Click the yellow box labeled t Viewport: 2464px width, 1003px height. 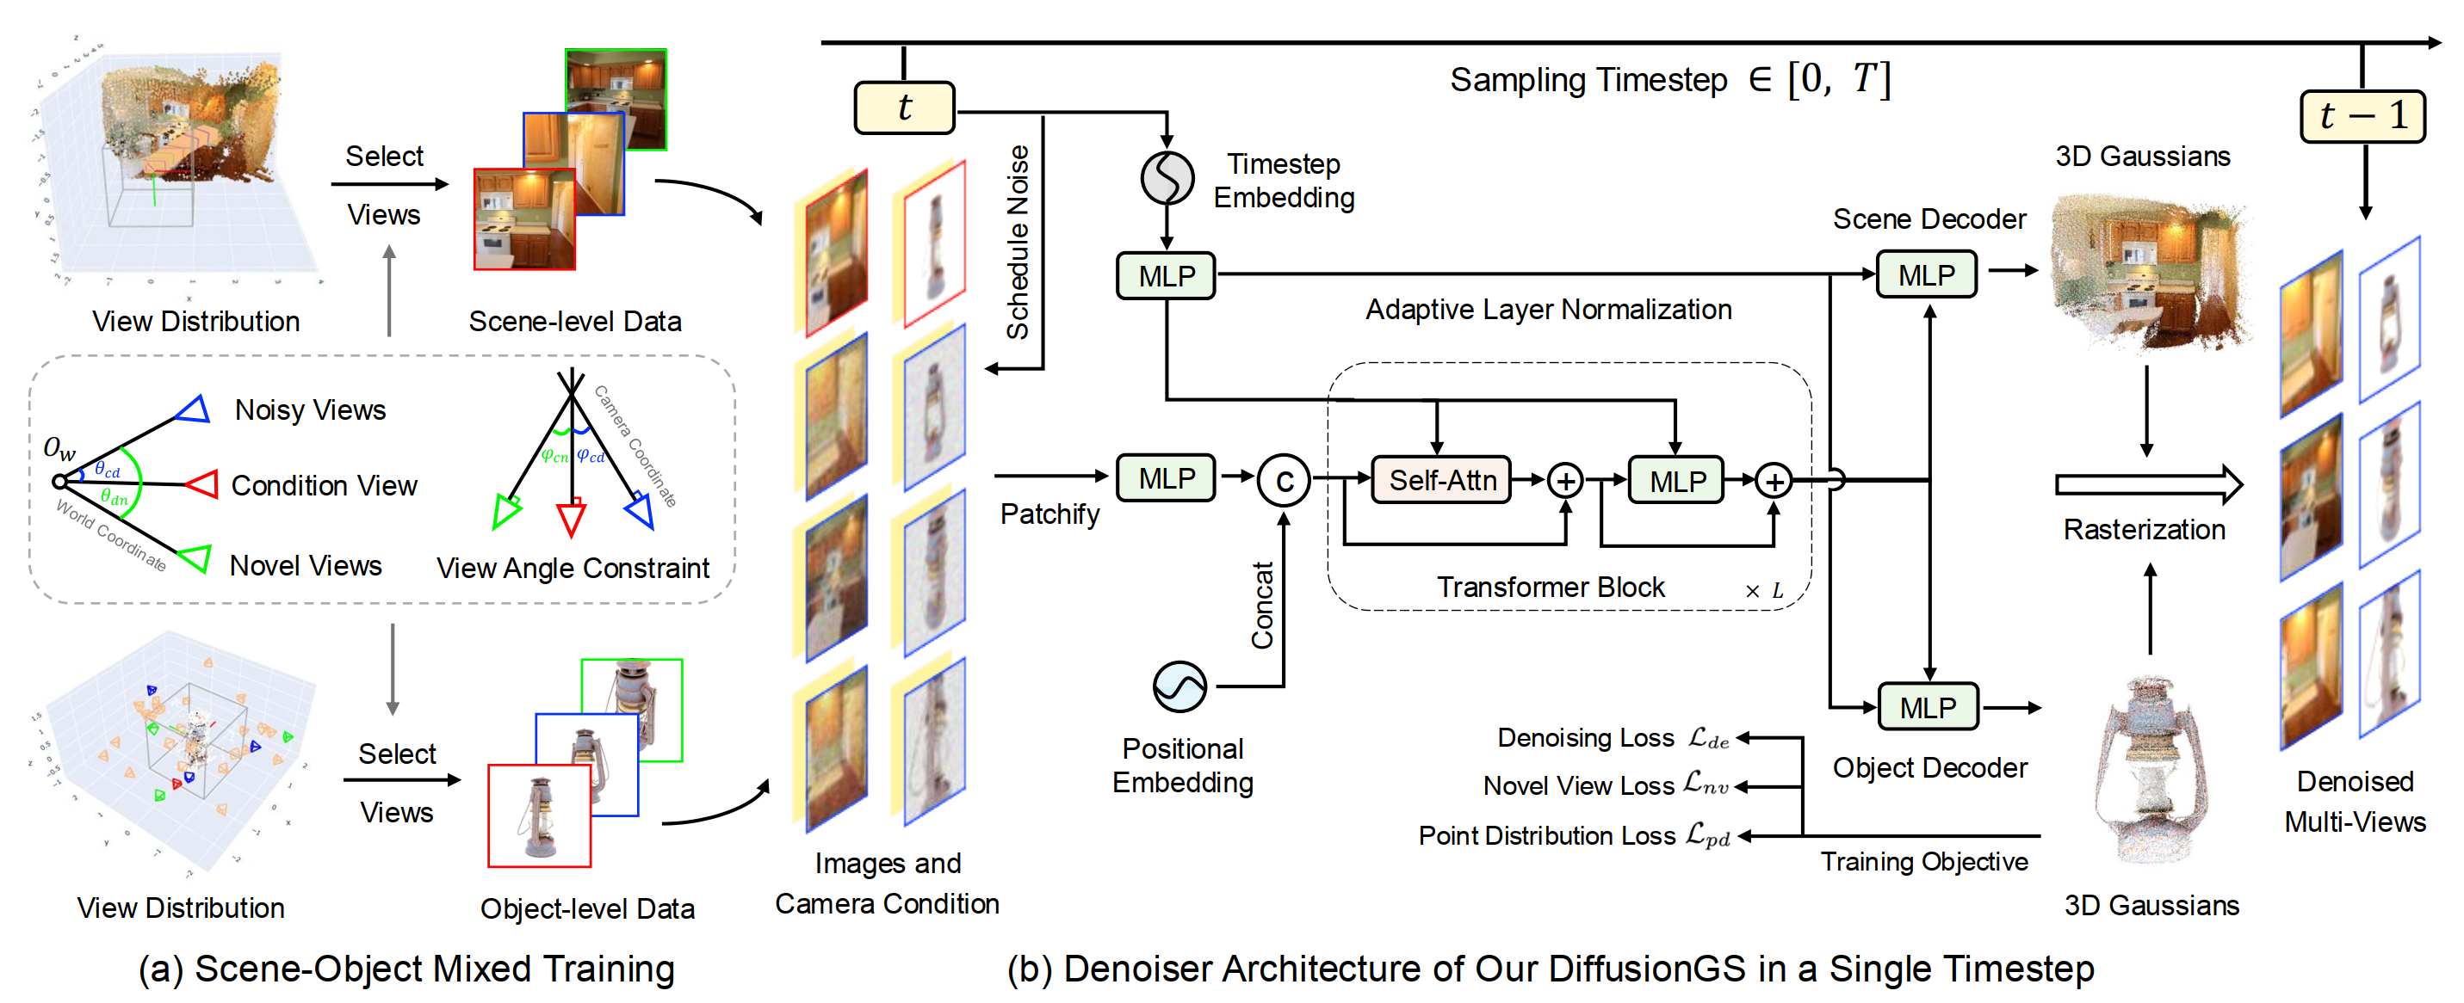click(904, 108)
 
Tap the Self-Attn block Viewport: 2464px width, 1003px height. click(1441, 480)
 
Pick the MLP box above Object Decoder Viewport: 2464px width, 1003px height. click(1928, 708)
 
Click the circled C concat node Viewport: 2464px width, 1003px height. click(1284, 481)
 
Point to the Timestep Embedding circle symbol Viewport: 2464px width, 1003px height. click(1167, 178)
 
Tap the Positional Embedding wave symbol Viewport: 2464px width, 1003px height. click(1179, 686)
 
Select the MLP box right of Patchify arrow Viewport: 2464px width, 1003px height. click(1166, 478)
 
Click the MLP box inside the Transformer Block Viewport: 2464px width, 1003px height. click(1677, 481)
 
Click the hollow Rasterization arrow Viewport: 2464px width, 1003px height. click(2147, 485)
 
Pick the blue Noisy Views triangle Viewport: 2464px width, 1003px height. click(195, 409)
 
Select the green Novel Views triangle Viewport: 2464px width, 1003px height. click(195, 558)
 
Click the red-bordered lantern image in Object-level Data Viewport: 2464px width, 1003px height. click(539, 815)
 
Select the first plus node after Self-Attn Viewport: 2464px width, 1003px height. click(1566, 481)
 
